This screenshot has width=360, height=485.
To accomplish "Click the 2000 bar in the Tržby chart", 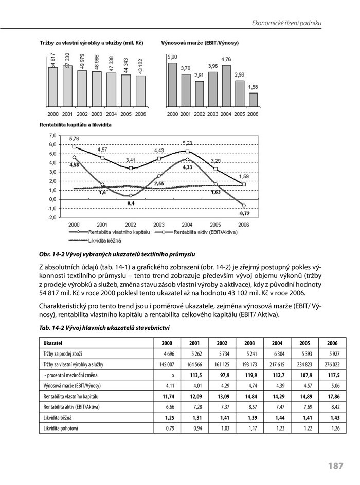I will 53,87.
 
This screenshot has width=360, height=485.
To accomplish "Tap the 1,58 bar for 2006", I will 253,100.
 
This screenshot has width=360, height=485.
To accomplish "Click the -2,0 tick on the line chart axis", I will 52,217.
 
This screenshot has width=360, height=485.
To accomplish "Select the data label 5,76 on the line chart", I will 74,139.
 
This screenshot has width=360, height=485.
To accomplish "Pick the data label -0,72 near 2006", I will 243,212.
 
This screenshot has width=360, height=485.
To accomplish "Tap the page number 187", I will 335,465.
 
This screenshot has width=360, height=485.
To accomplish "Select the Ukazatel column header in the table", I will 53,342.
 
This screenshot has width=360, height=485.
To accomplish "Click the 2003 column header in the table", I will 249,342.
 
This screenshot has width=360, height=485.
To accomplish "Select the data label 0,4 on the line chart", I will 131,203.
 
